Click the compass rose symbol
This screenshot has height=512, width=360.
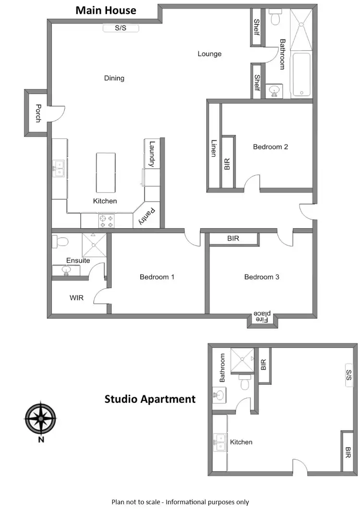point(41,417)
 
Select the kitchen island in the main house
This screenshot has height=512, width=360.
point(106,172)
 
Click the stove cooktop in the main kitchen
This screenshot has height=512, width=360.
point(106,221)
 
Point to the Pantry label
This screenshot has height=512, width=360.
point(146,216)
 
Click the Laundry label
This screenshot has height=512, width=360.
point(152,154)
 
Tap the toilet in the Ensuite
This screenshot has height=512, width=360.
point(61,241)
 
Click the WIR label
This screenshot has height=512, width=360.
point(76,298)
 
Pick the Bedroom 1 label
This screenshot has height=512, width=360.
point(156,277)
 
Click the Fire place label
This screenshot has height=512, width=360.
point(263,317)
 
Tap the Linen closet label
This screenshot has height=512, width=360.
point(214,148)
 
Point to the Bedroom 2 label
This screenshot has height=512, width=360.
point(270,146)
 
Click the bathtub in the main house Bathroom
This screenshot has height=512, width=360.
point(301,74)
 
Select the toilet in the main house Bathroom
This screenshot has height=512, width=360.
point(276,18)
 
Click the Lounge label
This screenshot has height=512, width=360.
point(209,54)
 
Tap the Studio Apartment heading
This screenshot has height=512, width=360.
point(150,399)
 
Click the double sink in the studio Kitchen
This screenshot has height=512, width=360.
point(220,442)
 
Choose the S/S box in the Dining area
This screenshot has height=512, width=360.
point(120,28)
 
